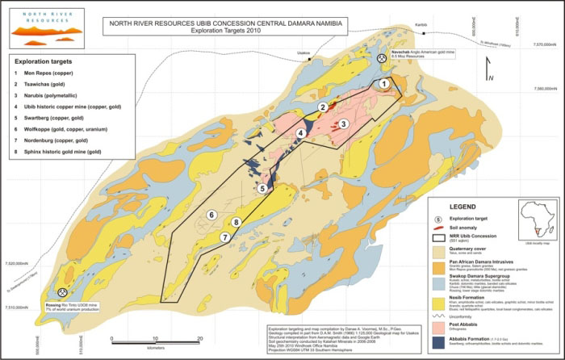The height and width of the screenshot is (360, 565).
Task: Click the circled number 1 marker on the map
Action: [x=384, y=83]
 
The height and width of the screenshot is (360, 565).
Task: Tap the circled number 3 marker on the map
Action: [x=343, y=123]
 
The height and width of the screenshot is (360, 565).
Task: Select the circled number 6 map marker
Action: [x=211, y=215]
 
